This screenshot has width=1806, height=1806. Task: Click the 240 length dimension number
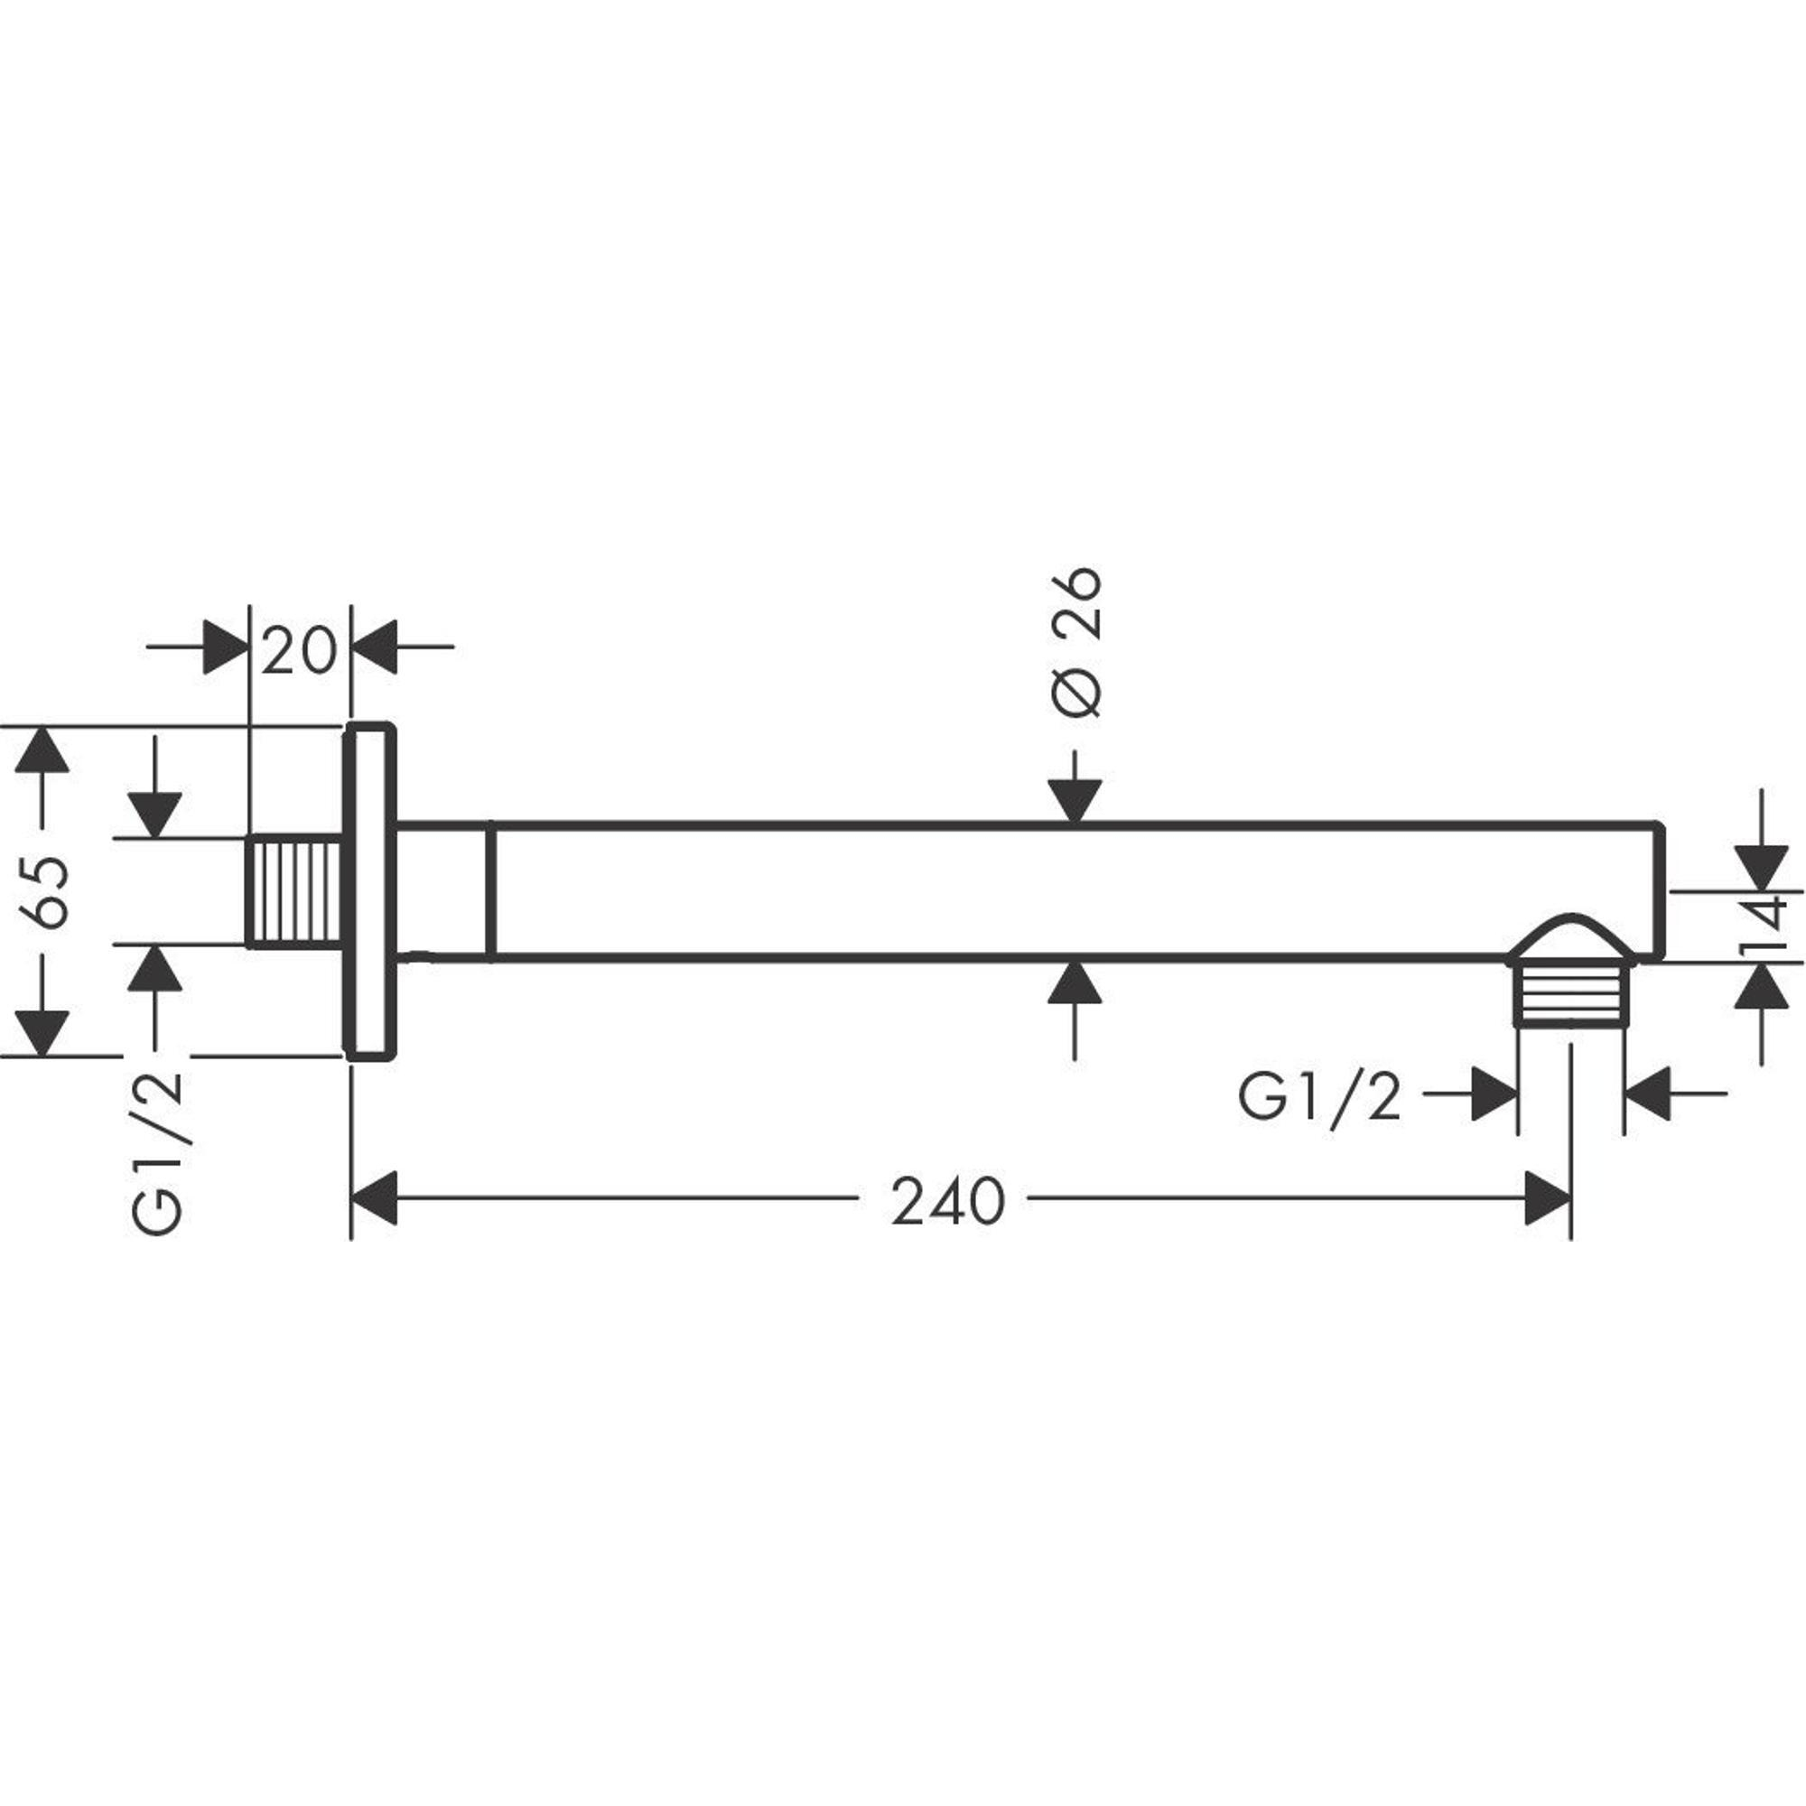pos(948,1202)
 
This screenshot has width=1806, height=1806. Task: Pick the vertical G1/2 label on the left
pos(158,1156)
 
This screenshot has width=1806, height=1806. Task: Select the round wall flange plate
pos(370,891)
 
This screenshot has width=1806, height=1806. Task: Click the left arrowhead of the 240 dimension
pos(374,1197)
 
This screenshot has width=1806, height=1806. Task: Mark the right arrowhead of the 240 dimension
pos(1548,1197)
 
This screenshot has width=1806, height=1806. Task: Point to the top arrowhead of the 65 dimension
pos(42,749)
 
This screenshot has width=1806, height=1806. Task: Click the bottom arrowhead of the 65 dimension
pos(42,1032)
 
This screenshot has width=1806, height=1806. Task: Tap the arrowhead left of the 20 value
pos(225,646)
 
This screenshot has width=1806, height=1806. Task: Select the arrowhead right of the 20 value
pos(376,646)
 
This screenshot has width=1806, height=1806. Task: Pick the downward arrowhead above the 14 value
pos(1762,867)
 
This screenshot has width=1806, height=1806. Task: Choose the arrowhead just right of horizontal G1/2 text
pos(1494,1094)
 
